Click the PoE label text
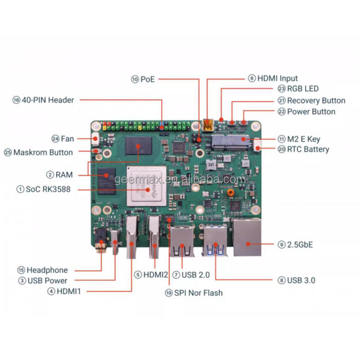tap(147, 79)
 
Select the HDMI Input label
tap(277, 78)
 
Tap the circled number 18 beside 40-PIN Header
tap(16, 100)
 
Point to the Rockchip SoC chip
tap(146, 186)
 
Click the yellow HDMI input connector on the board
tap(208, 125)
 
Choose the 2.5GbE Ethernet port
tap(247, 238)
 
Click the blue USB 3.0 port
tap(215, 240)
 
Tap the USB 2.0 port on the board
tap(181, 241)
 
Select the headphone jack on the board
tap(101, 240)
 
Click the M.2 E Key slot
tap(230, 142)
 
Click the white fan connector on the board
tap(95, 139)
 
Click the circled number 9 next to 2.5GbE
tap(281, 245)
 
